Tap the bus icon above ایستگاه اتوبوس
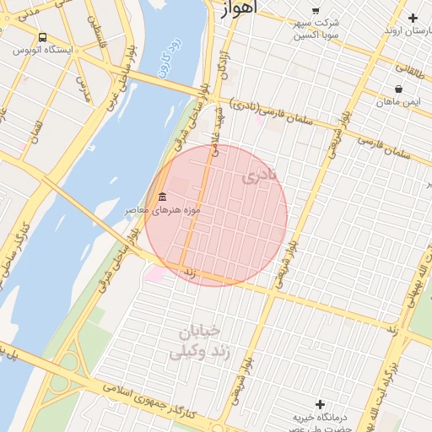click(42, 37)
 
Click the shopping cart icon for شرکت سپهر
click(316, 9)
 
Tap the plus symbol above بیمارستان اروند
click(413, 18)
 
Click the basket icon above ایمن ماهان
click(397, 89)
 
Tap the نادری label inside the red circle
click(259, 178)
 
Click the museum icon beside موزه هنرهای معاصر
click(162, 197)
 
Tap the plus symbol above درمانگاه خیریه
click(319, 404)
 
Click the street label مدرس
click(83, 89)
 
